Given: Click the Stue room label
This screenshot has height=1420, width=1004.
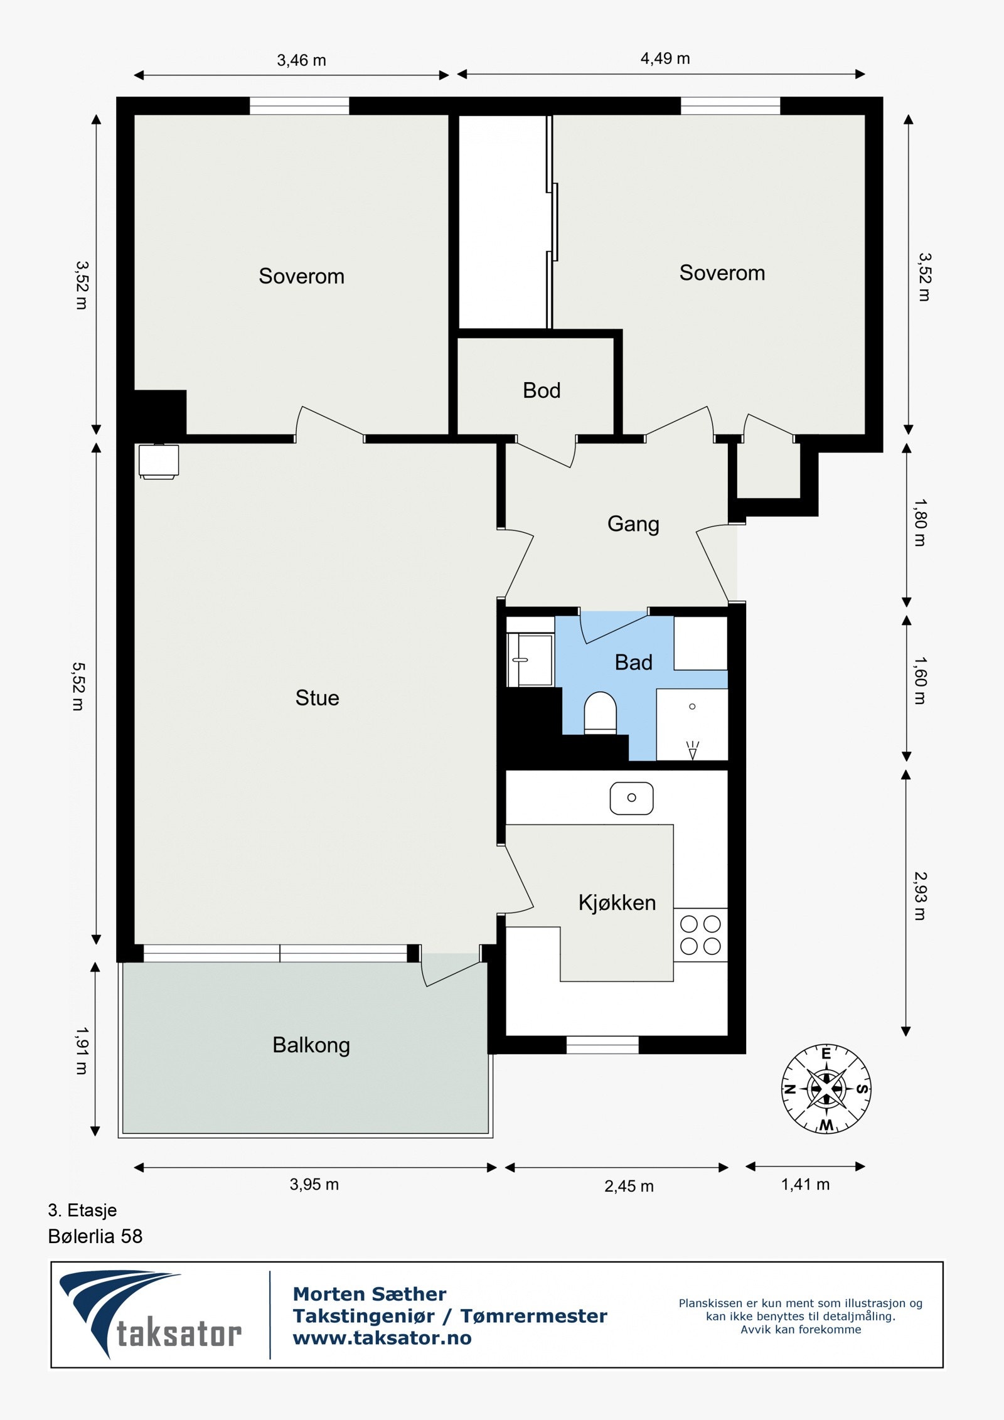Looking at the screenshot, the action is click(317, 698).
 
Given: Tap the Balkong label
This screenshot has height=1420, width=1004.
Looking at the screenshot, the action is click(311, 1045).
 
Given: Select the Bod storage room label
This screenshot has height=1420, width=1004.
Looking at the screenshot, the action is click(542, 390).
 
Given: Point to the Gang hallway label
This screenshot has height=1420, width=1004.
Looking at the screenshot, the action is click(633, 524).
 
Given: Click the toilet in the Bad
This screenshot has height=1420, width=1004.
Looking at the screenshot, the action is click(601, 713).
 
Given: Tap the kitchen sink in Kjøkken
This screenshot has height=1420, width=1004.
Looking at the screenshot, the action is click(632, 798).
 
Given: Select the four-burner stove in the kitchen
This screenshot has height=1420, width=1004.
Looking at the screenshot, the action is click(701, 935).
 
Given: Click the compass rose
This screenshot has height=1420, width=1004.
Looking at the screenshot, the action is click(826, 1089).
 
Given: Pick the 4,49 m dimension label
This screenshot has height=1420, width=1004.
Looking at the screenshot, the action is click(665, 58).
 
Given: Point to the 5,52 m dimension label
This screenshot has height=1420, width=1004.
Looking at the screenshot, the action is click(78, 686).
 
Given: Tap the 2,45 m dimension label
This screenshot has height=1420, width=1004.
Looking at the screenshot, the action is click(629, 1186).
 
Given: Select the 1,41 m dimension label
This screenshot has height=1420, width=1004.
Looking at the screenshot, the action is click(805, 1184).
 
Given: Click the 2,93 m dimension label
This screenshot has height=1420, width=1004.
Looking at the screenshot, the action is click(920, 896).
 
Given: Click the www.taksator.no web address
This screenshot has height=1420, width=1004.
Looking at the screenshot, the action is click(382, 1338).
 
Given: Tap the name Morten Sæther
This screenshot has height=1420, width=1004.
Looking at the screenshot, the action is click(370, 1294).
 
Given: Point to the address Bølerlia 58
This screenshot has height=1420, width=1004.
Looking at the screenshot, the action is click(95, 1236).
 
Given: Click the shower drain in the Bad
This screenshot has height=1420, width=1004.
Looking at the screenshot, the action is click(692, 707).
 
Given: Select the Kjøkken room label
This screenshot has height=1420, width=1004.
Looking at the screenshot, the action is click(617, 902).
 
